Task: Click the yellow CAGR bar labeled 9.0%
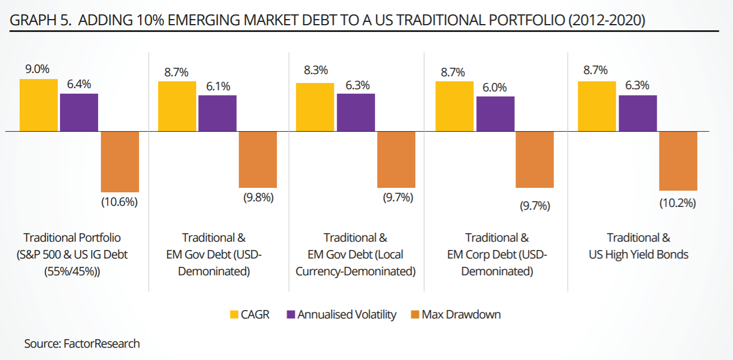pos(39,105)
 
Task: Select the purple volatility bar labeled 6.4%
pos(79,113)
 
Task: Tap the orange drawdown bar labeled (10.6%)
pos(120,162)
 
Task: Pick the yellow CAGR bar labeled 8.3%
pos(315,107)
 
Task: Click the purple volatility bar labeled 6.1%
pos(217,113)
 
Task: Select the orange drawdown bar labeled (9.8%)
pos(258,160)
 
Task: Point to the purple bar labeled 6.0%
pos(495,114)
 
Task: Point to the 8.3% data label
pos(316,71)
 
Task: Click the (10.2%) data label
pos(678,203)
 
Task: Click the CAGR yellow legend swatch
pos(234,315)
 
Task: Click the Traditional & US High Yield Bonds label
pos(638,246)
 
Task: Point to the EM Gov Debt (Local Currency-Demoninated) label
pos(356,255)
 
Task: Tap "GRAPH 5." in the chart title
pos(41,21)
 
